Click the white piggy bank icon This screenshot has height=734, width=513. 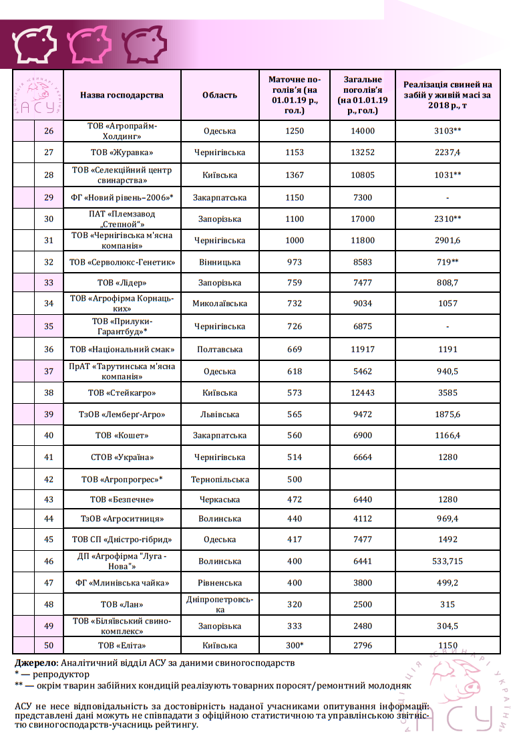(35, 43)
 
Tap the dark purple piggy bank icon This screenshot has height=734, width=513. (144, 43)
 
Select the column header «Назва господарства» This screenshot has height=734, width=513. (122, 95)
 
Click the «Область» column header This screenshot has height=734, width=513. (220, 95)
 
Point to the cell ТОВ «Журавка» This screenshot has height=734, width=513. (122, 152)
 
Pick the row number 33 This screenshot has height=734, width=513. (49, 283)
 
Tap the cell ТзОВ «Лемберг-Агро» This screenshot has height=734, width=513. (122, 414)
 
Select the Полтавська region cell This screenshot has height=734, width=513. (220, 349)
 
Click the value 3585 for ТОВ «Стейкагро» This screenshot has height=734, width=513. (448, 393)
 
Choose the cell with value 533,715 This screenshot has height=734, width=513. (448, 562)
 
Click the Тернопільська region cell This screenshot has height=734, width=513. (220, 479)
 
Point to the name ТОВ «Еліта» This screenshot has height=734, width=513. (122, 645)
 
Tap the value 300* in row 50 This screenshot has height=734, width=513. (294, 645)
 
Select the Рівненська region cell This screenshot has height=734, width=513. (220, 583)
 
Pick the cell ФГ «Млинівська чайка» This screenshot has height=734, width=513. (122, 583)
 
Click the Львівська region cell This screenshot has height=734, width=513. (220, 414)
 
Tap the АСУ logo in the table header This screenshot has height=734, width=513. (38, 96)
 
